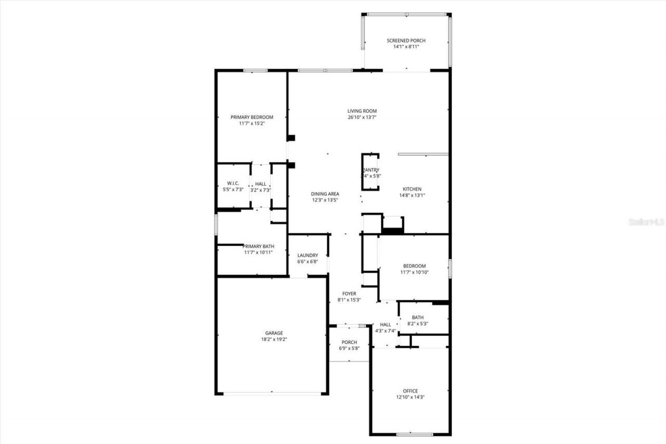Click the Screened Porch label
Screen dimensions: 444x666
[406, 41]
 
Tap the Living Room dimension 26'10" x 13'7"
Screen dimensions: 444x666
[362, 118]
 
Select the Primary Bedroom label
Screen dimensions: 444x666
[252, 117]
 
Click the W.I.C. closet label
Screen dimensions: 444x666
[233, 183]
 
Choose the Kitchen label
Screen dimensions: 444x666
[412, 189]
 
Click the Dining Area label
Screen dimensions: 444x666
[325, 193]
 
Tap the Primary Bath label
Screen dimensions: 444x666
[259, 246]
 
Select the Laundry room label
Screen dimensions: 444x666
[308, 255]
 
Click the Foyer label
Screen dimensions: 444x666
[349, 294]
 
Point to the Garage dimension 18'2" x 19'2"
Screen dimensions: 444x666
[274, 339]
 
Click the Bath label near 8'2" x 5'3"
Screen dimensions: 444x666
[417, 317]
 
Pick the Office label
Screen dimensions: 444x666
[410, 391]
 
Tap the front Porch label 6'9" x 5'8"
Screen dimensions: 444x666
[349, 342]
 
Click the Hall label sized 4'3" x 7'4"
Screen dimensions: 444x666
[385, 324]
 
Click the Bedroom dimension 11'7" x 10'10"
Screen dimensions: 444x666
[414, 272]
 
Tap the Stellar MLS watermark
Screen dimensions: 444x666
[647, 222]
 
